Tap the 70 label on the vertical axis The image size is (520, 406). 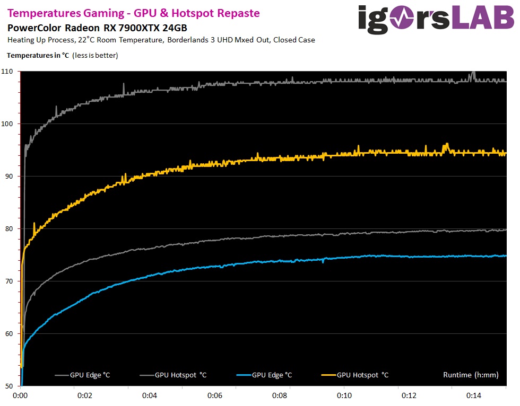pos(10,281)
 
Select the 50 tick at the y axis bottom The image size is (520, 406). pos(10,386)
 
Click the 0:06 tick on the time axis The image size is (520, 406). pos(214,395)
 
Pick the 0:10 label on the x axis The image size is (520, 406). pos(344,395)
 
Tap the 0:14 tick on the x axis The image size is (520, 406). pos(474,395)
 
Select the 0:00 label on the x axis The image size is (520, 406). pos(20,395)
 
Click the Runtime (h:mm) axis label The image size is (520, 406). pos(471,375)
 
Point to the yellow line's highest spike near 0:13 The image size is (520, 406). pos(447,144)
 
